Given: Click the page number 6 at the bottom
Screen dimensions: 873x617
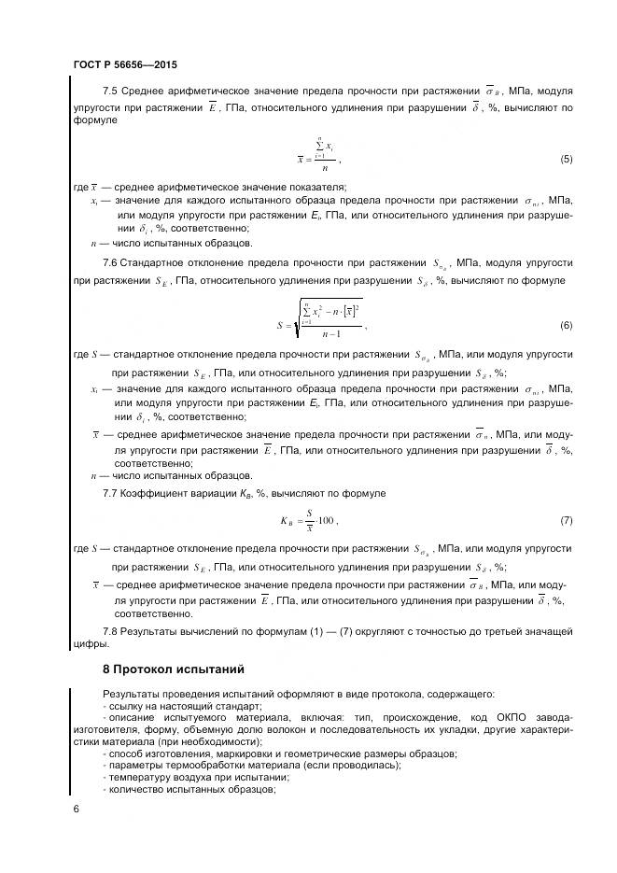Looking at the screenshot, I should tap(76, 809).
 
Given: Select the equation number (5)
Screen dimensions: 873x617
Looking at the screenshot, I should tap(566, 160).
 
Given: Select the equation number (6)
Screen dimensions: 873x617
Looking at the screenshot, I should tap(566, 325).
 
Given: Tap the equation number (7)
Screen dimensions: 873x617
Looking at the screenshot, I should tap(566, 519).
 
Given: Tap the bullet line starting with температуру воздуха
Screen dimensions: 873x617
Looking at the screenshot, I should tap(199, 777).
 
